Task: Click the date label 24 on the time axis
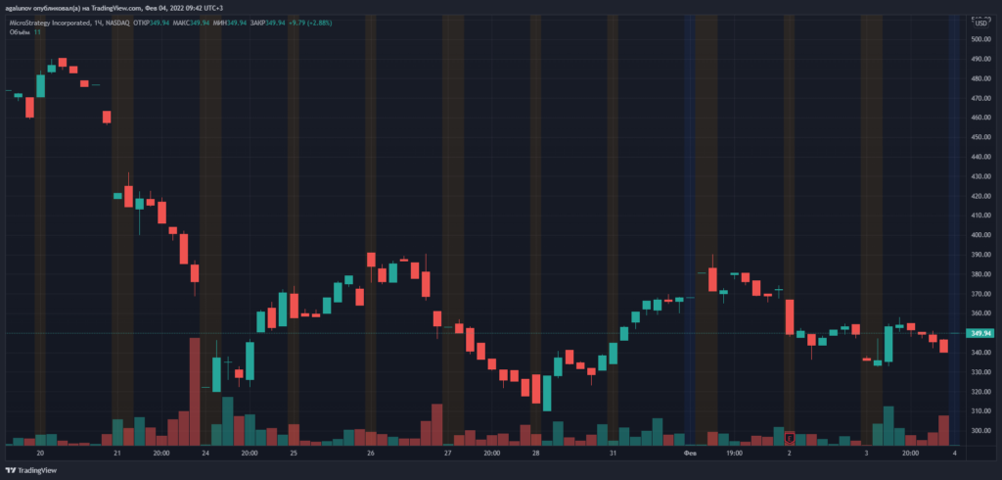(x=206, y=454)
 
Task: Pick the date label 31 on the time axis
(x=612, y=454)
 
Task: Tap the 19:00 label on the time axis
(x=734, y=454)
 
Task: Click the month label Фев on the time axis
(x=689, y=454)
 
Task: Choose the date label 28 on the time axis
(x=536, y=454)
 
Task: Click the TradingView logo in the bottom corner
(x=35, y=468)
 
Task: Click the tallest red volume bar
(x=195, y=392)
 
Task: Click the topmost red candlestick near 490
(x=63, y=63)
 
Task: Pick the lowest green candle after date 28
(x=547, y=395)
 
